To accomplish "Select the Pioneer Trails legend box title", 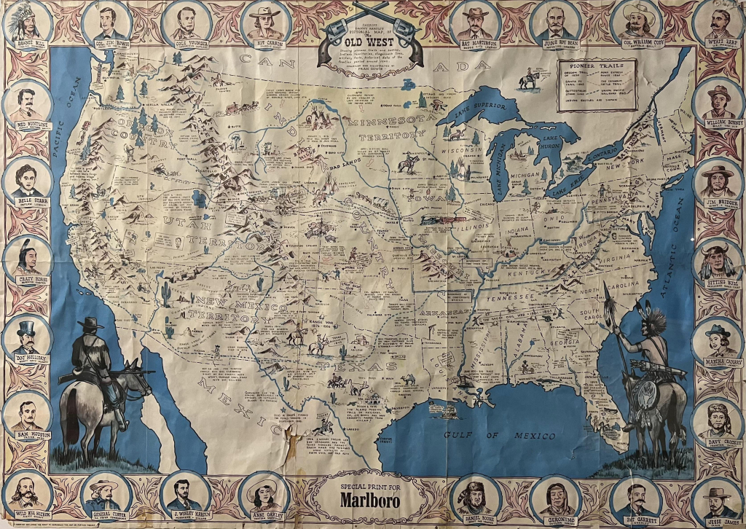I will [x=597, y=66].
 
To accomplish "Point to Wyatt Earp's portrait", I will [x=718, y=23].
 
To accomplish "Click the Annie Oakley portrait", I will [x=266, y=495].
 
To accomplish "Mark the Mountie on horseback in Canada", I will [x=529, y=77].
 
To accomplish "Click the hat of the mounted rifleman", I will [x=92, y=324].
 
